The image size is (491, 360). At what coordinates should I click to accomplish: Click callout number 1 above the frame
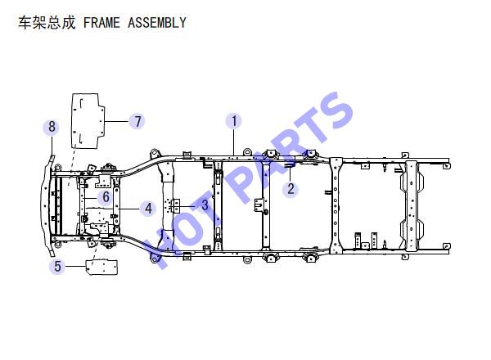[234, 121]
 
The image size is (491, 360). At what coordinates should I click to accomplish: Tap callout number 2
[291, 189]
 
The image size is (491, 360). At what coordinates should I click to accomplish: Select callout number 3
[205, 205]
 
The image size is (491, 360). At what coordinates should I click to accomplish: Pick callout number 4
[148, 209]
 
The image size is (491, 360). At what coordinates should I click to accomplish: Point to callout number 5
[57, 267]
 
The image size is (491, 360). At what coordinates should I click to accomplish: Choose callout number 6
[106, 197]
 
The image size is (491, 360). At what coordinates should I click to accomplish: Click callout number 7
[137, 121]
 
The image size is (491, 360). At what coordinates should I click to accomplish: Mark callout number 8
[52, 127]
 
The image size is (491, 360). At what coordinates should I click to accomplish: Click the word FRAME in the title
[101, 23]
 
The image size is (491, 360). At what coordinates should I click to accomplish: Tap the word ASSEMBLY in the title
[157, 23]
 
